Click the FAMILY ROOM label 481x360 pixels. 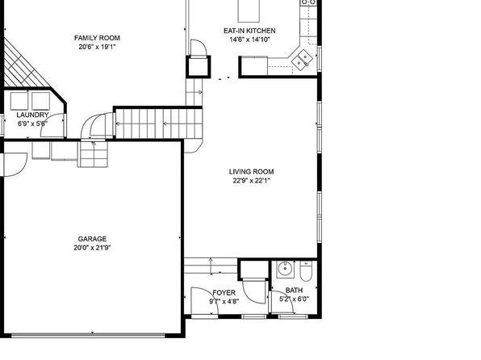97,38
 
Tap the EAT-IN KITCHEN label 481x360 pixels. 249,31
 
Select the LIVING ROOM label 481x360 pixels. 251,172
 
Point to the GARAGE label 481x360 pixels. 92,239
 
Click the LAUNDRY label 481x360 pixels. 32,115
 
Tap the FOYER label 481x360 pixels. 224,293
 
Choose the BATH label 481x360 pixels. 294,290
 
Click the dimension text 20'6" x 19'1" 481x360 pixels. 97,47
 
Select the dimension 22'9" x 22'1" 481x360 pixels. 251,181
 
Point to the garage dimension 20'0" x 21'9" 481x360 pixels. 92,248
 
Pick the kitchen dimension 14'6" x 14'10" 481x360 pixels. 249,40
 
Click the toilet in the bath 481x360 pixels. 306,271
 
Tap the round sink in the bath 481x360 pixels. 285,269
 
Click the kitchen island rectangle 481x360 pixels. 249,11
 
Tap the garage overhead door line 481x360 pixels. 88,336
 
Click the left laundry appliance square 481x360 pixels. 19,101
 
